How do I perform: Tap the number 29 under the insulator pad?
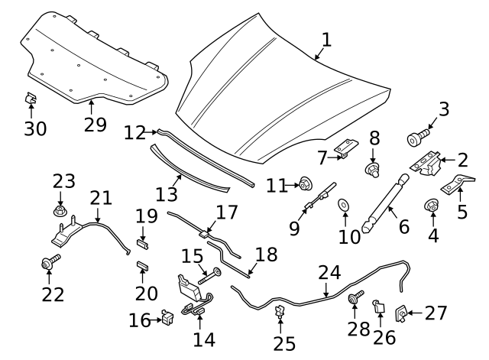[95, 124]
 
